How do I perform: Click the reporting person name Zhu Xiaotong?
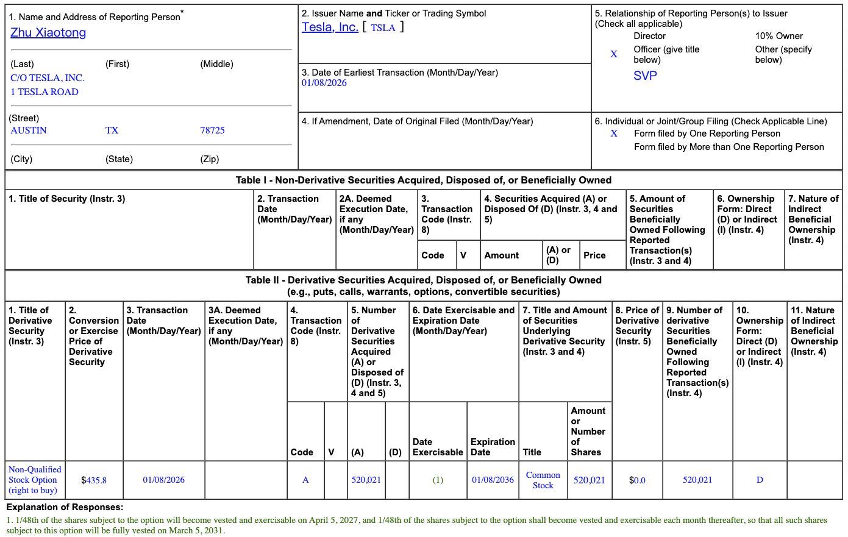coord(48,33)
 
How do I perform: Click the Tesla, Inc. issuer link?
coord(330,27)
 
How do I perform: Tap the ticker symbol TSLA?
coord(383,28)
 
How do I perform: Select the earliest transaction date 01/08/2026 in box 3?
coord(324,83)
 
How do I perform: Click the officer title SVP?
coord(645,76)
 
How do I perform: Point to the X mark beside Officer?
coord(614,54)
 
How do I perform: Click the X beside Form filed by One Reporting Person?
coord(614,133)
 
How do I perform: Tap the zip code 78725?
coord(212,130)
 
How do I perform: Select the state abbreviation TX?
coord(112,130)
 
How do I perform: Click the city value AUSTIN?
coord(29,130)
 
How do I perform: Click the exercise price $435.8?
coord(94,480)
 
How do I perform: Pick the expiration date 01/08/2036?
coord(493,480)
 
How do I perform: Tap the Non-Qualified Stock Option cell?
coord(35,480)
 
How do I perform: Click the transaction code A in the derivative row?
coord(305,480)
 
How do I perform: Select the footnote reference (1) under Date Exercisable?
coord(438,480)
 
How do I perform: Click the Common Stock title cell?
coord(543,480)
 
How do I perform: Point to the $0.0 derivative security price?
coord(637,480)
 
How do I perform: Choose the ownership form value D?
coord(760,480)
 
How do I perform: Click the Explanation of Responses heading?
coord(65,507)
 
